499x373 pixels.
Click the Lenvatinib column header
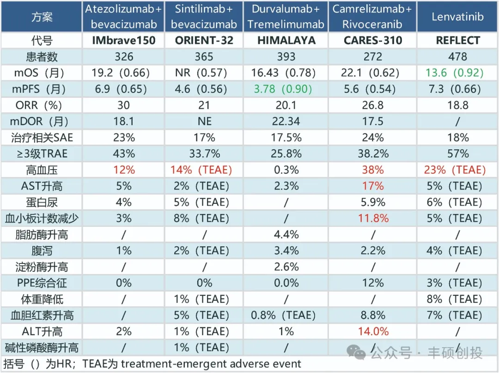click(457, 17)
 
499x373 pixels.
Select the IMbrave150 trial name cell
click(124, 40)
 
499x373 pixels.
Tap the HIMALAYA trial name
click(286, 40)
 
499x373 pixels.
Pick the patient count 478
click(457, 57)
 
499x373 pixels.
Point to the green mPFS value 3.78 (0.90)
click(283, 89)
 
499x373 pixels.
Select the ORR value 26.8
click(373, 105)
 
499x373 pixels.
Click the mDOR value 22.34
click(286, 121)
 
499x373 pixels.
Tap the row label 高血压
click(42, 170)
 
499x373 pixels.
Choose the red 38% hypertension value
click(373, 170)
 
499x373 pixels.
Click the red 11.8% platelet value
click(373, 218)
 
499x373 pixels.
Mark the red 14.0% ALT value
click(373, 331)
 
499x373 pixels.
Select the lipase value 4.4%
click(286, 234)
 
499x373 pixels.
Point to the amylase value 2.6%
click(286, 267)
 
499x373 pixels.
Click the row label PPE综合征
click(42, 283)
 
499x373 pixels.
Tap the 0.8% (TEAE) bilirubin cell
click(283, 315)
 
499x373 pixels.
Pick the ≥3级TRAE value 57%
click(457, 154)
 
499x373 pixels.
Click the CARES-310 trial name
click(373, 40)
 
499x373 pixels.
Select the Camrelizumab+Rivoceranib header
click(372, 17)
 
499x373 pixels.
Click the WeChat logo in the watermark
click(356, 352)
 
